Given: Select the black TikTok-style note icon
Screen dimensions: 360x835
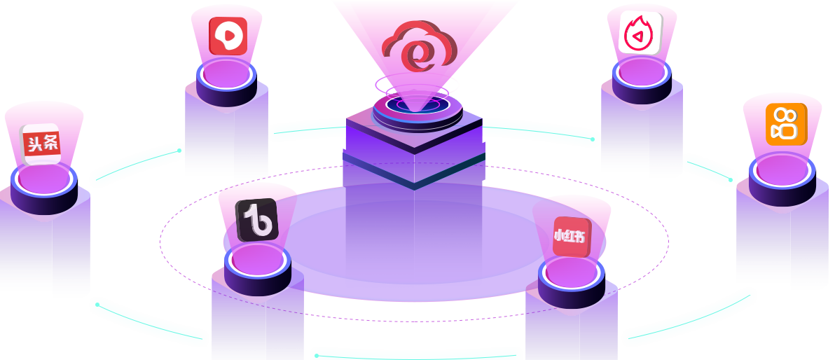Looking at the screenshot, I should click(256, 220).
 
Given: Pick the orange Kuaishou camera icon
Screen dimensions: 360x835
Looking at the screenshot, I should click(785, 124).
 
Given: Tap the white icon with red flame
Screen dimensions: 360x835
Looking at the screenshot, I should click(641, 32).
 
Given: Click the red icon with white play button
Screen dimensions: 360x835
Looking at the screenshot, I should click(228, 36).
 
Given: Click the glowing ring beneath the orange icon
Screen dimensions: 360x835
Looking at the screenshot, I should click(782, 171).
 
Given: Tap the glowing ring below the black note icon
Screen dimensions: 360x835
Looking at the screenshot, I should click(257, 260).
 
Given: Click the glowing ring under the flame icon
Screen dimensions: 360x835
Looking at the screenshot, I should click(642, 73).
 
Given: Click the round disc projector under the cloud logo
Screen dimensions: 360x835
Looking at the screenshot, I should click(417, 109).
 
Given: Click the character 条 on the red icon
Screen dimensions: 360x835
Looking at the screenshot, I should click(51, 142).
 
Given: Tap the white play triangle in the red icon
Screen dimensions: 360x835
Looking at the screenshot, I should click(228, 35).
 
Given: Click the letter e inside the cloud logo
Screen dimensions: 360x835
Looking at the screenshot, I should click(419, 57).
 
